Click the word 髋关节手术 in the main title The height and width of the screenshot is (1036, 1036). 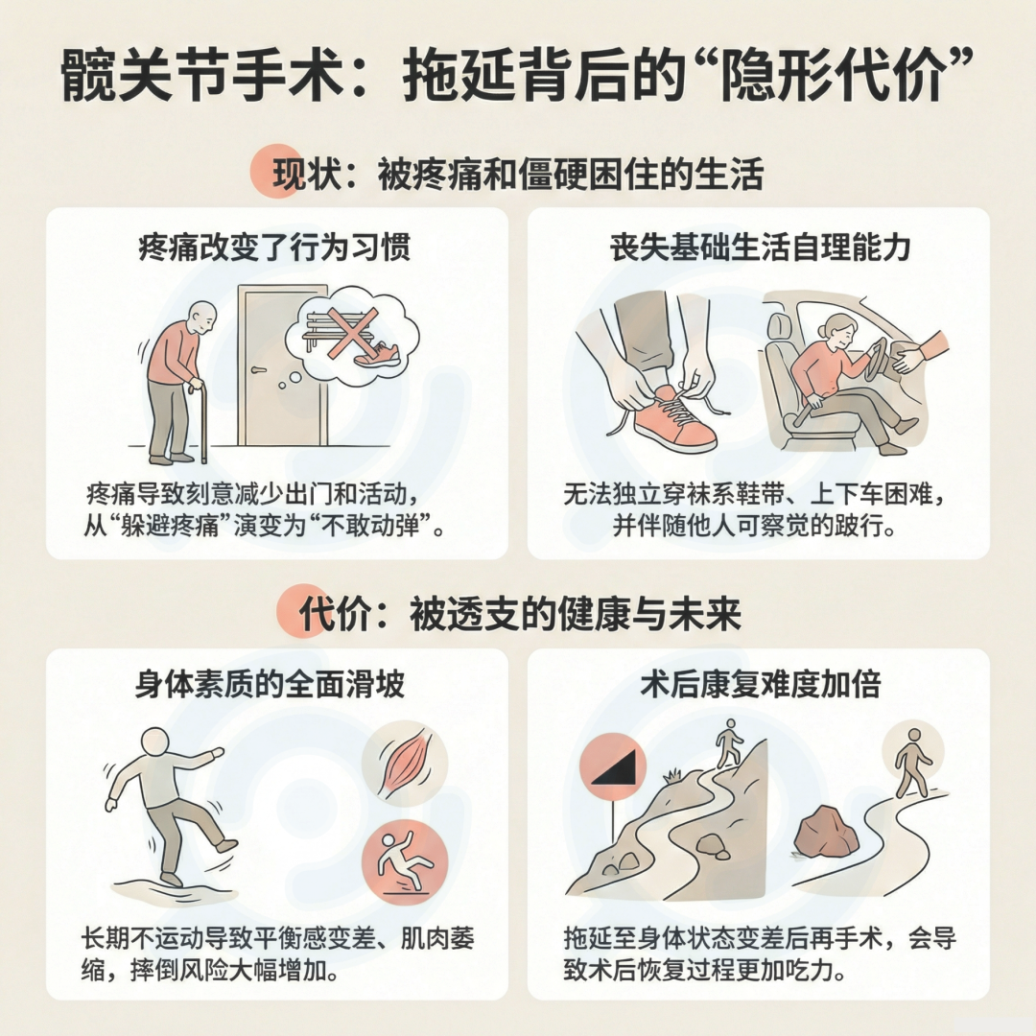[x=202, y=76]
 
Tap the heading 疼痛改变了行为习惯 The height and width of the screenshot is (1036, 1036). [x=275, y=247]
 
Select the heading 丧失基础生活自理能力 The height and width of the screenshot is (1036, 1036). [x=761, y=247]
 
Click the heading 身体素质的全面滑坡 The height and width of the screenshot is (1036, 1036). [x=270, y=685]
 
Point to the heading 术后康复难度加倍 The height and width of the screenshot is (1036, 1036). [x=761, y=685]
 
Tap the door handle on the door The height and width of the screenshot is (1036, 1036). [x=258, y=370]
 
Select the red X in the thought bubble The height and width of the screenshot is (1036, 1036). [x=353, y=334]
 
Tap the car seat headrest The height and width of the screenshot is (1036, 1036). [x=779, y=327]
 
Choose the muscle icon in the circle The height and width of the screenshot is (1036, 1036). [x=405, y=765]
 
